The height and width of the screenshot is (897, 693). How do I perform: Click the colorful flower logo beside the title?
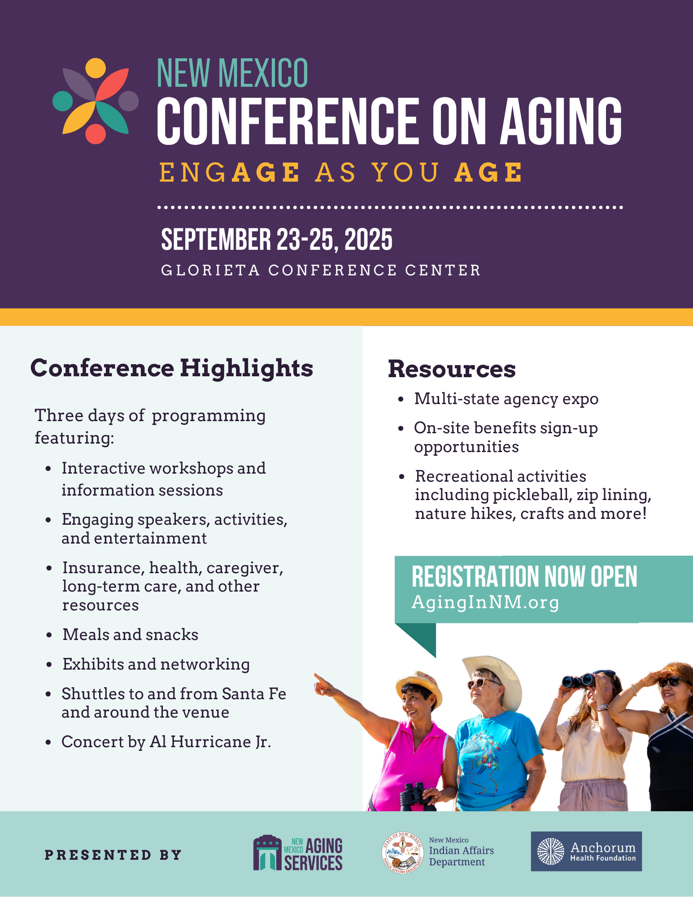(96, 101)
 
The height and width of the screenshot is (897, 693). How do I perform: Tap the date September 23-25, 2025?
(277, 239)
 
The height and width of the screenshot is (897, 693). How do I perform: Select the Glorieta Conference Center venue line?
(321, 270)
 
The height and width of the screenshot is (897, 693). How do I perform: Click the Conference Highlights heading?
(172, 368)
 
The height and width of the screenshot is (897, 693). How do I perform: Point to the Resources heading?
(452, 369)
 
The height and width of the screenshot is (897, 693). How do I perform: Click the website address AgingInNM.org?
(485, 602)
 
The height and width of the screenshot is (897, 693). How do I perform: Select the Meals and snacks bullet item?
(130, 635)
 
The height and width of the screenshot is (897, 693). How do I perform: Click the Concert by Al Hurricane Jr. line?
(166, 742)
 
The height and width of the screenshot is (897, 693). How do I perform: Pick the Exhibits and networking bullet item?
(156, 664)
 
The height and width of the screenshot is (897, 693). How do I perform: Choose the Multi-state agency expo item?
(506, 399)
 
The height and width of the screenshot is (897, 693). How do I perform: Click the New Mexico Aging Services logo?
(298, 853)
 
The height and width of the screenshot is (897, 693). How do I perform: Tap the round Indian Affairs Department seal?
(402, 853)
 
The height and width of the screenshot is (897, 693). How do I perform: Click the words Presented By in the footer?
(113, 855)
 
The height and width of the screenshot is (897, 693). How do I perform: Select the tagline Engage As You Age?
(341, 173)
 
